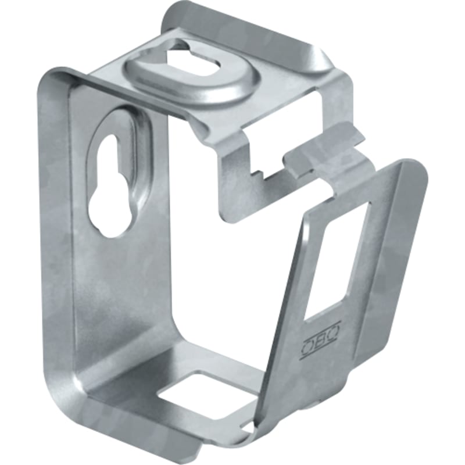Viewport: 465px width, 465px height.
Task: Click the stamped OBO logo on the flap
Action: tap(321, 339)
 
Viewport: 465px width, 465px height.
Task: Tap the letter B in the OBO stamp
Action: tap(321, 339)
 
